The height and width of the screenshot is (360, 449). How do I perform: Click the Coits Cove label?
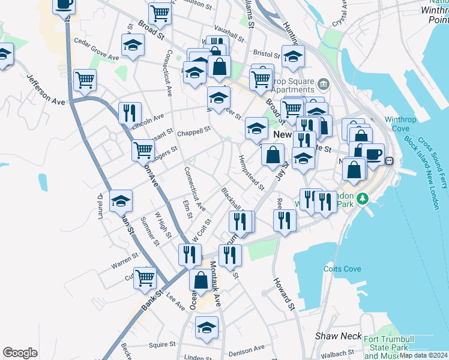tap(343, 269)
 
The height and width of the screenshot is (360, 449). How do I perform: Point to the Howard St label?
tap(285, 294)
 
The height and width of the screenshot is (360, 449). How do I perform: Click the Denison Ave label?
tap(247, 347)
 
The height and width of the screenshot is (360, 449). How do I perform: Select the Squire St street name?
tap(161, 344)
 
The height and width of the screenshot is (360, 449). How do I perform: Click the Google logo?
tap(20, 353)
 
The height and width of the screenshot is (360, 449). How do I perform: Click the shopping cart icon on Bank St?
tap(145, 278)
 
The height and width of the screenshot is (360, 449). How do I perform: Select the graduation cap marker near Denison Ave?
tap(206, 328)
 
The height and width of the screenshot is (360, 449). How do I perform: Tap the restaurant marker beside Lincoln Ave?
tap(130, 112)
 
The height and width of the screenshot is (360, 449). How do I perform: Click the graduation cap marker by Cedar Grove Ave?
tap(133, 45)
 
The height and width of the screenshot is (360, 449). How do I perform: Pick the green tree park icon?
tap(362, 199)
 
